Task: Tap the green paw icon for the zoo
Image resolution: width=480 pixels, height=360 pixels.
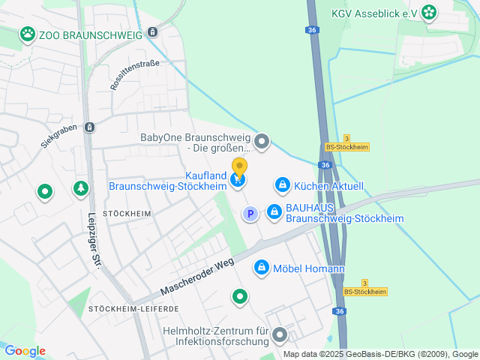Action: (28, 33)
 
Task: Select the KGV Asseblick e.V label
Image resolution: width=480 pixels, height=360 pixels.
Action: (374, 12)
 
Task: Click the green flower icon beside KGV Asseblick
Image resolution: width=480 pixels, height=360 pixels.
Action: (428, 11)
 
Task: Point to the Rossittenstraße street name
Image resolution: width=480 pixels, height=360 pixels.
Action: (135, 75)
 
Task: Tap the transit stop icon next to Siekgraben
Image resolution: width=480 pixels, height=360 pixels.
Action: (90, 127)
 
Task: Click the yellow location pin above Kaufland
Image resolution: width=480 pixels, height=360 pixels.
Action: (239, 167)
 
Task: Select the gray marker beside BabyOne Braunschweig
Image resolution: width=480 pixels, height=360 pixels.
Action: (262, 141)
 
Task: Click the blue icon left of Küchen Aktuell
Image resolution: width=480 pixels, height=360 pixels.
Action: (282, 184)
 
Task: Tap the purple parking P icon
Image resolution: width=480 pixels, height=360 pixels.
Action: (250, 214)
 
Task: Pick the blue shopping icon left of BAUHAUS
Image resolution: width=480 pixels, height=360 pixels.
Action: (274, 212)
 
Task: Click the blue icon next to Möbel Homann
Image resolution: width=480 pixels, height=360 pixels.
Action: (262, 266)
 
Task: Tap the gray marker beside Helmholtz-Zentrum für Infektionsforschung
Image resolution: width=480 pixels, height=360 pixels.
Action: (280, 335)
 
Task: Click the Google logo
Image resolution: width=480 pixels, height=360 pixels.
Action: (25, 351)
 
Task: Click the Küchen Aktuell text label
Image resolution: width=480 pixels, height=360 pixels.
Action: (328, 185)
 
